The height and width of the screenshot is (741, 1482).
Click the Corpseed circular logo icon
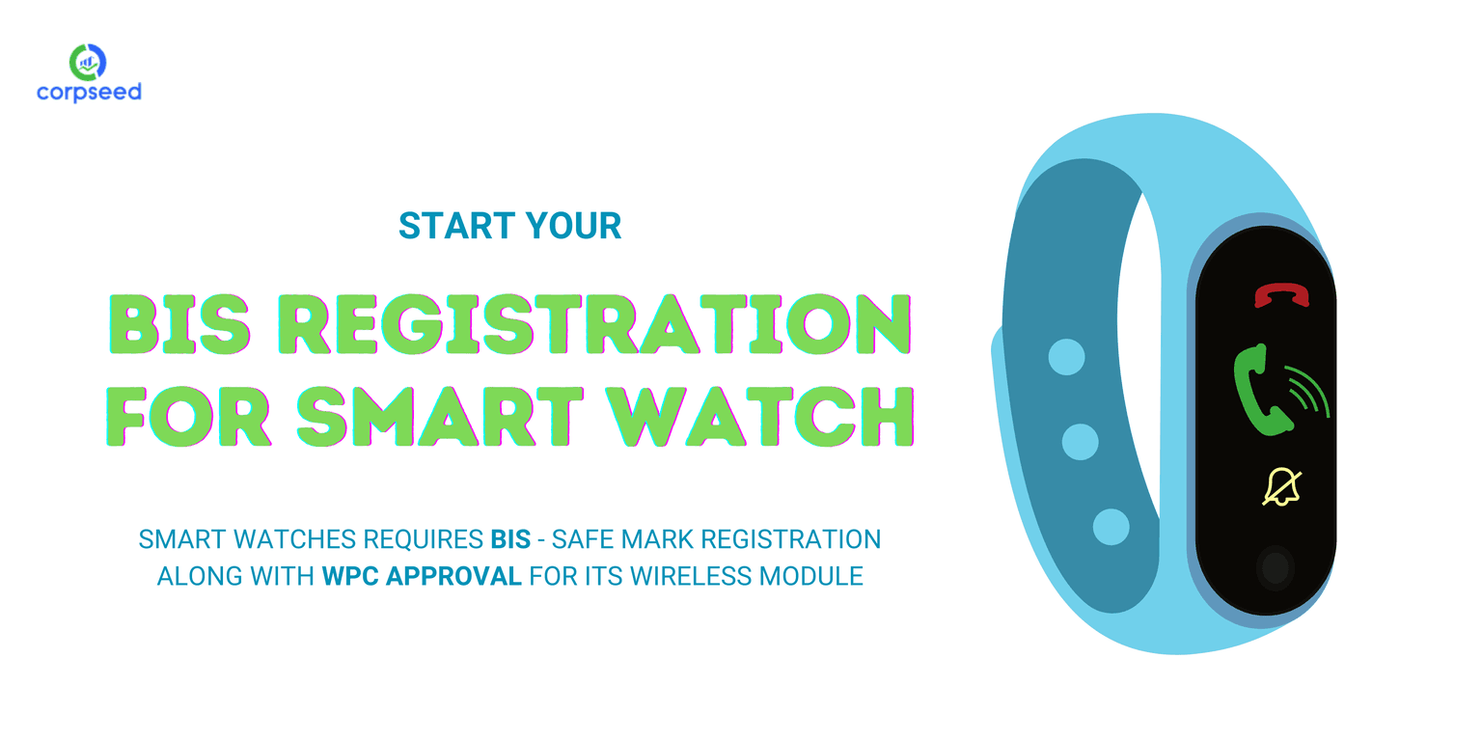point(88,62)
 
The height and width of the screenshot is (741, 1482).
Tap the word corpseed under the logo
point(89,93)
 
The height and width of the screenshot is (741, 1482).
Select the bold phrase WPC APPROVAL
point(422,577)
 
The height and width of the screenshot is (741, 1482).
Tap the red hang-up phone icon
point(1281,295)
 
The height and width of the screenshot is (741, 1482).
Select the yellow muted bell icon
point(1281,486)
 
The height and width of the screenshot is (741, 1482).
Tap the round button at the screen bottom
point(1276,568)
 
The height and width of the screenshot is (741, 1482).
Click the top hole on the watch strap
point(1066,357)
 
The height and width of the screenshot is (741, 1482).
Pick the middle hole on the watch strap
point(1081,442)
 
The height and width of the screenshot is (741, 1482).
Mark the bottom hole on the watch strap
point(1111,527)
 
